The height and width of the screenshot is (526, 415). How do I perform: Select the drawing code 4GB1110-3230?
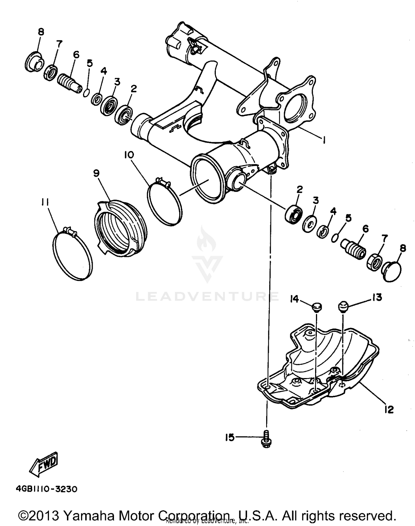[46, 489]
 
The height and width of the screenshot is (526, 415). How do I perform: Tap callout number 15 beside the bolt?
[230, 438]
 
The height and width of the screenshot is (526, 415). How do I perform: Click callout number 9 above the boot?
[96, 173]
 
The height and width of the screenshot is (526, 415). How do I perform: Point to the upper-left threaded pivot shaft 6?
[70, 82]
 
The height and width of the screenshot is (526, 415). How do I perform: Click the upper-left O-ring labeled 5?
[86, 93]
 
